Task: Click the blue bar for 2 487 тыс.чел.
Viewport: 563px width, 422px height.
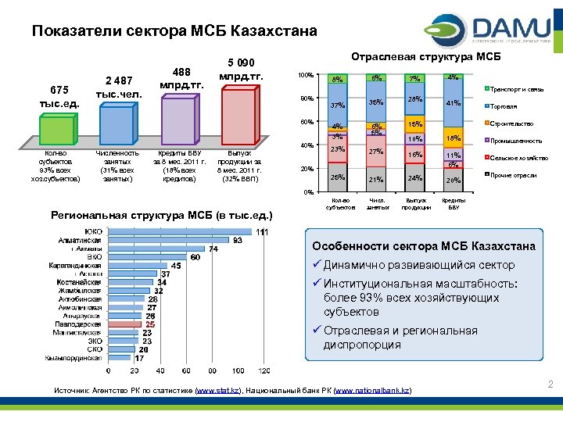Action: click(117, 125)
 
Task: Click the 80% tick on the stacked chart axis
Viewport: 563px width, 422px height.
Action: click(306, 98)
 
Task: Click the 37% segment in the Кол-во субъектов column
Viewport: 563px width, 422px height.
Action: click(338, 105)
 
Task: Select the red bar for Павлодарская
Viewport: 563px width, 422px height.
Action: click(125, 324)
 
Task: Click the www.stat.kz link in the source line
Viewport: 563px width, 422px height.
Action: click(220, 389)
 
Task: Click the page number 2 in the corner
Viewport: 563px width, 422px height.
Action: click(550, 384)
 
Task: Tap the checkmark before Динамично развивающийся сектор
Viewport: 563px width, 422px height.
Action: click(317, 265)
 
